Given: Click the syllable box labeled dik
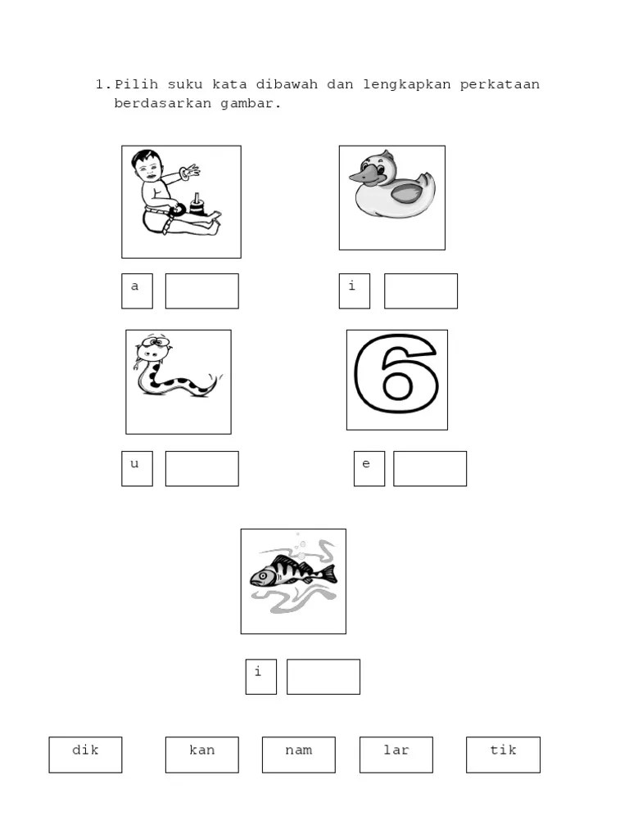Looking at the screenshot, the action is tap(85, 755).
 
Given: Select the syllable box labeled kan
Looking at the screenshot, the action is tap(202, 755).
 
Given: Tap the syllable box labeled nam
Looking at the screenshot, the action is tap(299, 755).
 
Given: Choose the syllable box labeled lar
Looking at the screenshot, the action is tap(396, 755).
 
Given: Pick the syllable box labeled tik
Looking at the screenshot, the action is tap(504, 755).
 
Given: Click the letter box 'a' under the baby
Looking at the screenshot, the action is tap(137, 291).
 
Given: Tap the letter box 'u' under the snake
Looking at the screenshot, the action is tap(137, 469).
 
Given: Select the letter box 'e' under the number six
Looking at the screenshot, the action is tap(369, 469).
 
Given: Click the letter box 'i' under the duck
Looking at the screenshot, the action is tap(355, 291).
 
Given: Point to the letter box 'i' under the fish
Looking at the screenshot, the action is tap(261, 677).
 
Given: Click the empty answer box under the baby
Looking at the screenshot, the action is tap(202, 291).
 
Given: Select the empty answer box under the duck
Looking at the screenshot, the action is tap(421, 291).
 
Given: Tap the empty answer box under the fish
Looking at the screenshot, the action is tap(324, 677).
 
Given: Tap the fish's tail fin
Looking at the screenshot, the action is tap(329, 574).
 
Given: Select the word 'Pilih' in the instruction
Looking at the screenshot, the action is tap(137, 84).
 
